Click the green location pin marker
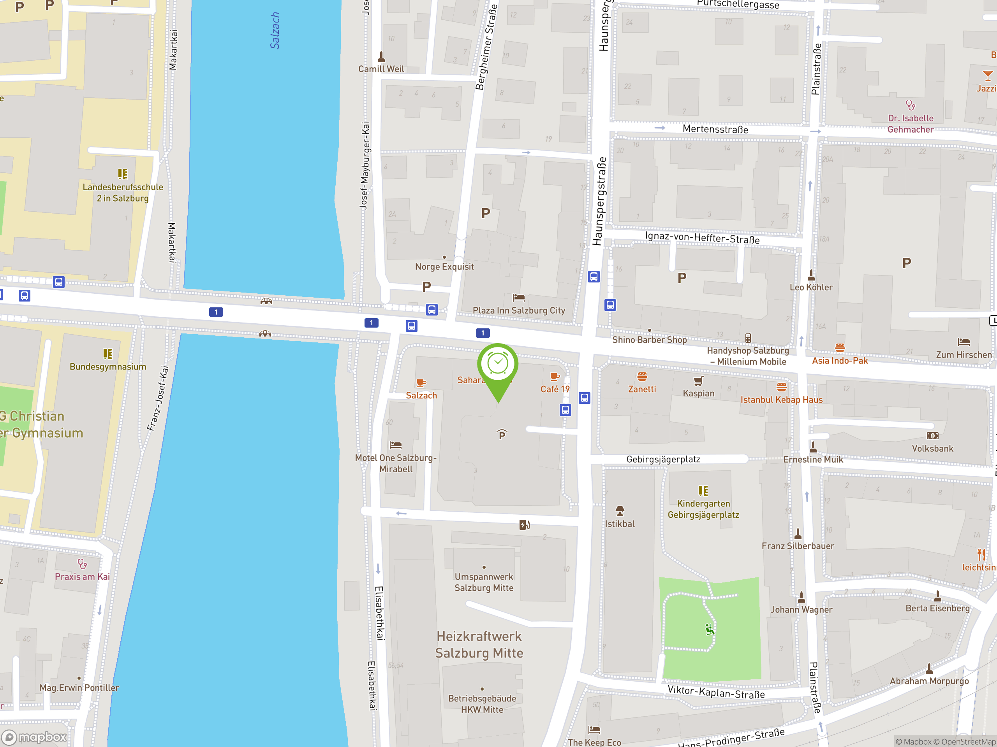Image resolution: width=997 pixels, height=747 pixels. [498, 367]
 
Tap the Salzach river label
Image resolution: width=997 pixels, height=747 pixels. [275, 30]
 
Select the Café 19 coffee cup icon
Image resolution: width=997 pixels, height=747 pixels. [555, 377]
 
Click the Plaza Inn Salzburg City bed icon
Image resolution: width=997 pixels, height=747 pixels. [518, 298]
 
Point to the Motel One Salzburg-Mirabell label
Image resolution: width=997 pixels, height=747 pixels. [395, 463]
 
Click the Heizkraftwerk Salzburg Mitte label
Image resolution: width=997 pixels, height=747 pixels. [479, 644]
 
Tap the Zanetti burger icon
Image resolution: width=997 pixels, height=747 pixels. [642, 377]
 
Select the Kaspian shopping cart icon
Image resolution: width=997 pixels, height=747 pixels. [698, 381]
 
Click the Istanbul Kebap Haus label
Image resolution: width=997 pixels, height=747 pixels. [781, 400]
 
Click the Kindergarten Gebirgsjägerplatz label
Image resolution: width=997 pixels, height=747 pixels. [703, 509]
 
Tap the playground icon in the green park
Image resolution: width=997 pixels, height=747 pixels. [710, 629]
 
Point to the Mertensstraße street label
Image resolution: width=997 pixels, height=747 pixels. [715, 129]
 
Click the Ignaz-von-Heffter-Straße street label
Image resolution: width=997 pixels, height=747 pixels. [702, 237]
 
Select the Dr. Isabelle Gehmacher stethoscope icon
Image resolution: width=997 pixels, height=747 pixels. [910, 105]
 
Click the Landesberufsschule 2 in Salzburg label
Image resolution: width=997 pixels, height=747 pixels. [123, 192]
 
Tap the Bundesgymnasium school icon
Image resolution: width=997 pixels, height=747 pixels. [108, 354]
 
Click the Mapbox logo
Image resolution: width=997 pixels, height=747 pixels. [34, 737]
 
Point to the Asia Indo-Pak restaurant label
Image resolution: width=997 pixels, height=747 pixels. [839, 360]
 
